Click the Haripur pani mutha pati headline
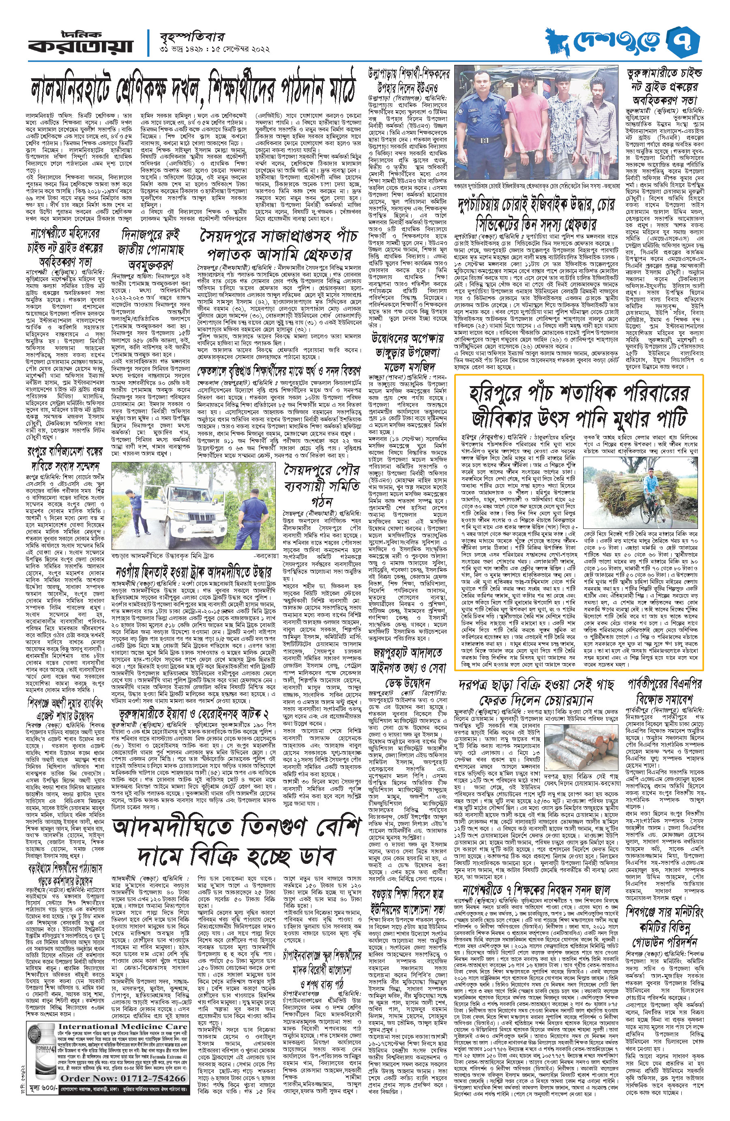[x=579, y=404]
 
